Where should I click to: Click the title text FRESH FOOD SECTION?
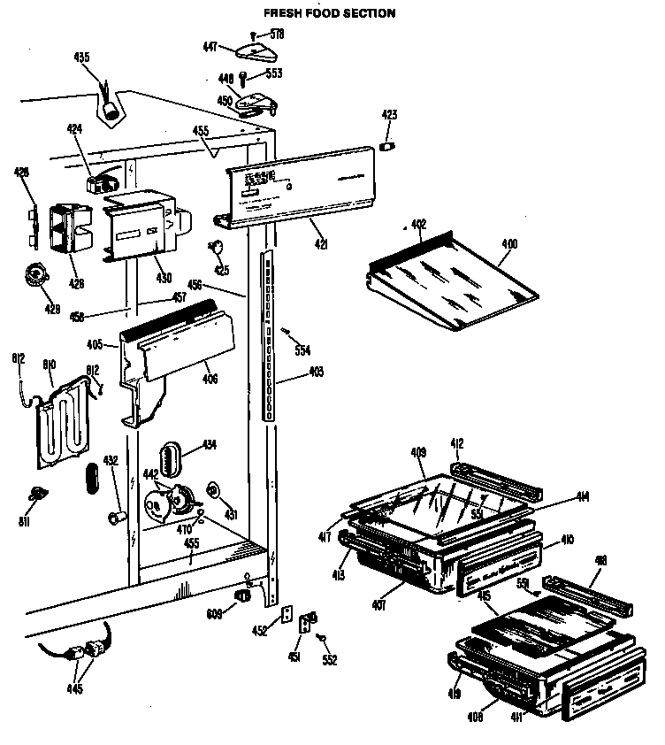[x=317, y=13]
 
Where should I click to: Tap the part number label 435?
[x=81, y=58]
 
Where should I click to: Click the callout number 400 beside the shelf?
[x=509, y=243]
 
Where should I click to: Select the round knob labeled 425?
[x=215, y=247]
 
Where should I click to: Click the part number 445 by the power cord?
[x=75, y=687]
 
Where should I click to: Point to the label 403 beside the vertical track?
[x=315, y=372]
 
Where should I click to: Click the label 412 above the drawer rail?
[x=456, y=443]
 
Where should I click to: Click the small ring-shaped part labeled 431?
[x=213, y=490]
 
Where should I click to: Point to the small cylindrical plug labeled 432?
[x=113, y=516]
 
